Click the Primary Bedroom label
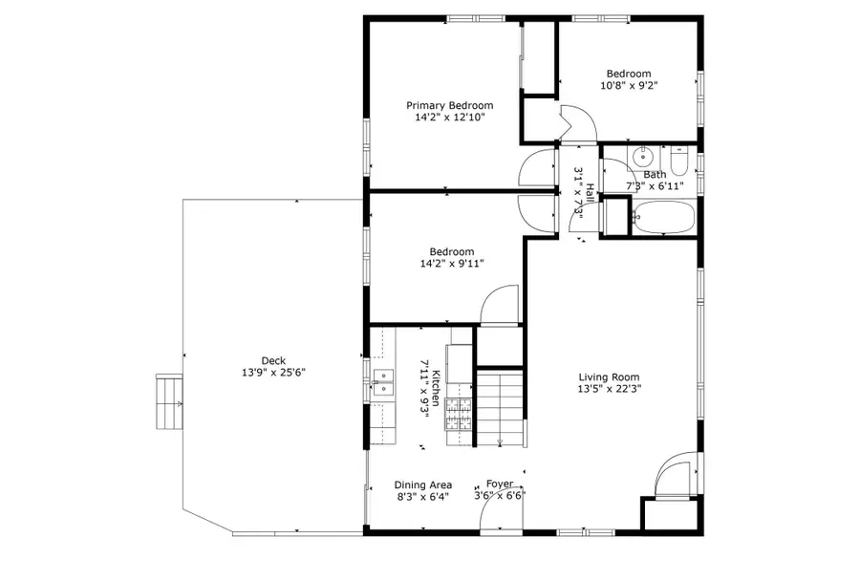coord(449,105)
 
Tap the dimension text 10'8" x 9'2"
coord(629,85)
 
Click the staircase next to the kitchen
coord(500,406)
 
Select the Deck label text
coord(273,360)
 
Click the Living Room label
coord(609,377)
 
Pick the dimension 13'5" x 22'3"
coord(609,389)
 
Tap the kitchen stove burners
coord(459,416)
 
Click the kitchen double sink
coord(383,382)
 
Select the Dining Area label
coord(423,484)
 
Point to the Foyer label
coord(500,484)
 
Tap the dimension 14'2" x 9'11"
coord(452,264)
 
